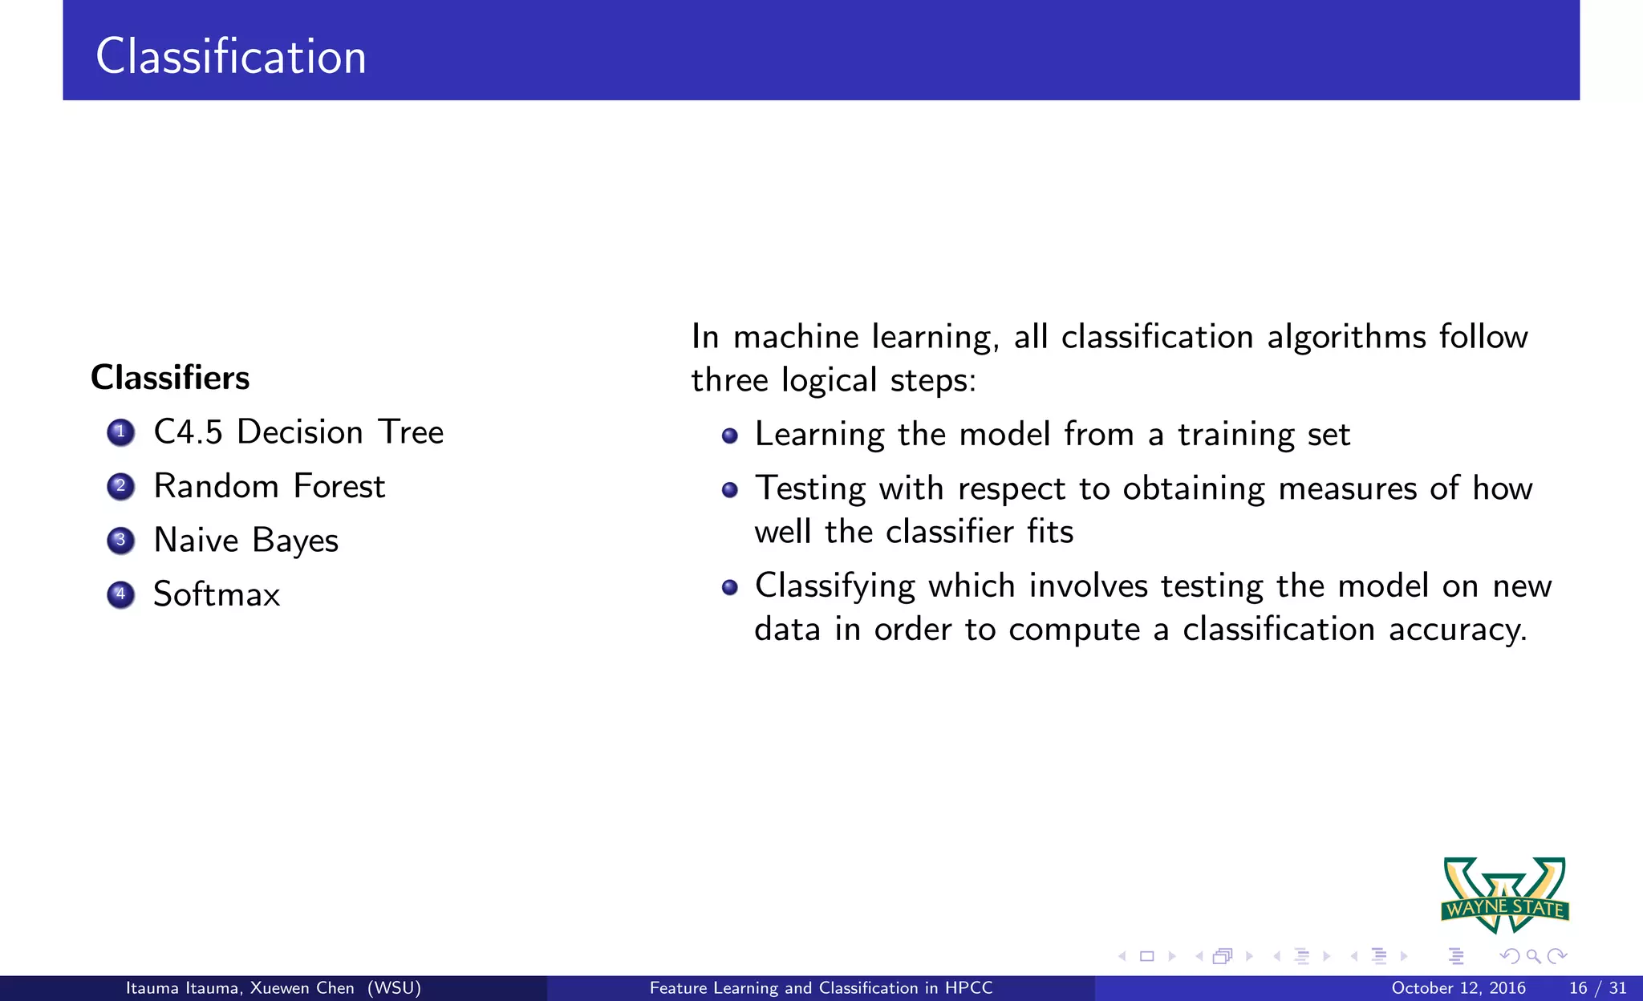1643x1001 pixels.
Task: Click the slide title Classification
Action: (x=231, y=56)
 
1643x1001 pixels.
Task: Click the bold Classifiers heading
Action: (x=170, y=378)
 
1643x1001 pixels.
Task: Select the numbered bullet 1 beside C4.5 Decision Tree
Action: (x=120, y=432)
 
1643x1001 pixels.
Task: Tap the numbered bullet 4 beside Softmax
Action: (x=120, y=594)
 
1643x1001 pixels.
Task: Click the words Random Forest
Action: (x=270, y=486)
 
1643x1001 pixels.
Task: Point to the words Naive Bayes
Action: (x=245, y=541)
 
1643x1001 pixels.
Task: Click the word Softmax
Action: (x=217, y=594)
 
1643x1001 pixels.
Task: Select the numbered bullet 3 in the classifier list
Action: (x=120, y=541)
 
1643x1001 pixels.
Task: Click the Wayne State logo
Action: (x=1505, y=894)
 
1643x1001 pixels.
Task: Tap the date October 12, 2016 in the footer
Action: (x=1458, y=988)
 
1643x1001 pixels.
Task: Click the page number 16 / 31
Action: (x=1597, y=988)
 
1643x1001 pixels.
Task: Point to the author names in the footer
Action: (x=273, y=988)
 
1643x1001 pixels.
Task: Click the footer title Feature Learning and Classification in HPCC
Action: (x=821, y=988)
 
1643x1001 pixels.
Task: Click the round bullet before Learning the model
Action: (x=729, y=436)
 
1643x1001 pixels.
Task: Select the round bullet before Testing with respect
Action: (x=729, y=490)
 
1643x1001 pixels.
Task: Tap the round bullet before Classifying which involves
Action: (x=729, y=588)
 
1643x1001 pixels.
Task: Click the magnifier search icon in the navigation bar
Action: (x=1533, y=956)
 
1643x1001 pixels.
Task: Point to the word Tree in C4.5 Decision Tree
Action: (x=411, y=432)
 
